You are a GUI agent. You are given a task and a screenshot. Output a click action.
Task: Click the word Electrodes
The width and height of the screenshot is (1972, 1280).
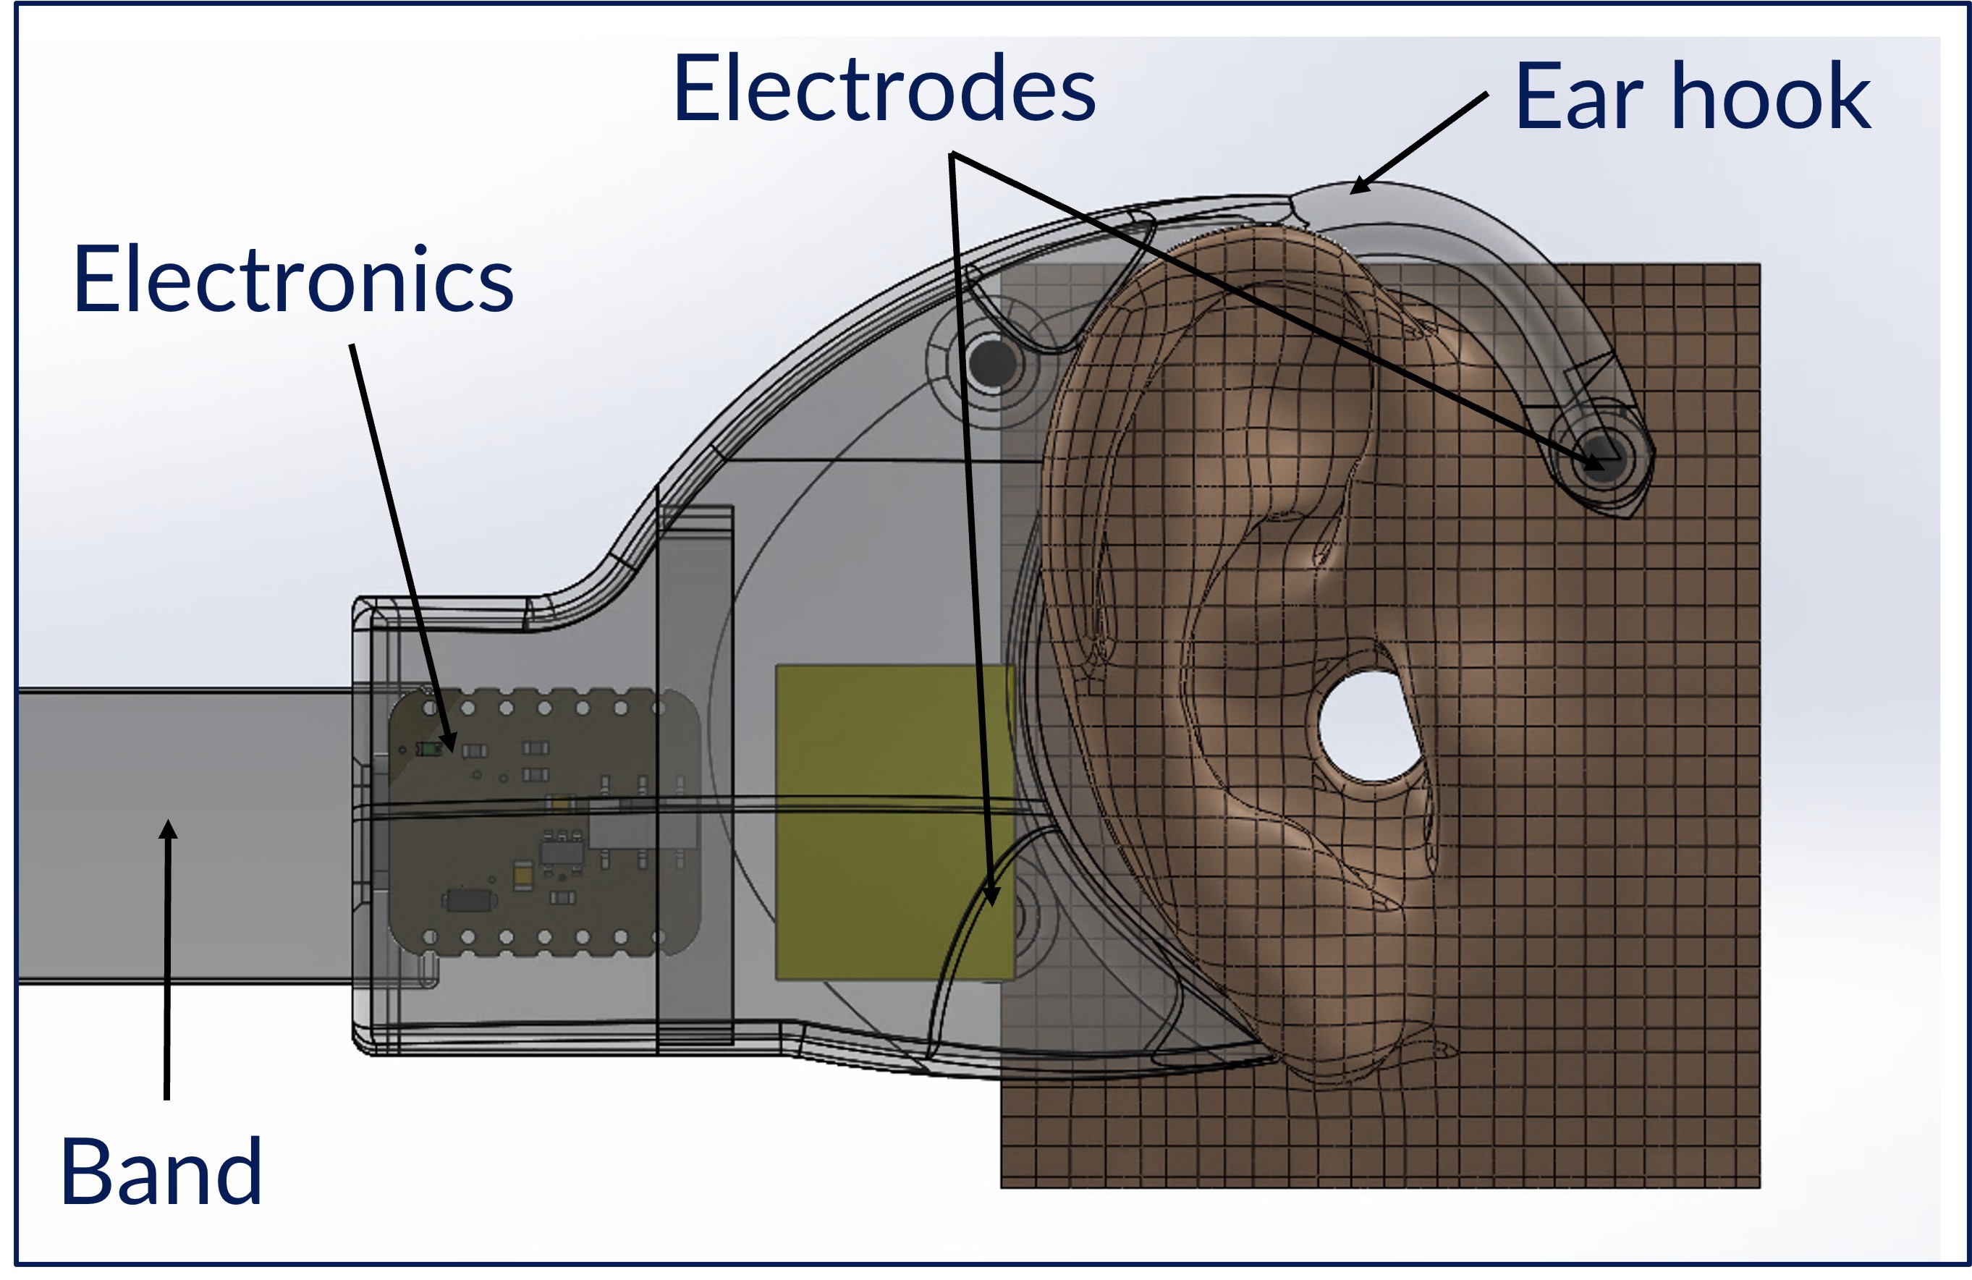point(884,89)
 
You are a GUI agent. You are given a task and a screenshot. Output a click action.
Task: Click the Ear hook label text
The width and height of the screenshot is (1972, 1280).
point(1692,97)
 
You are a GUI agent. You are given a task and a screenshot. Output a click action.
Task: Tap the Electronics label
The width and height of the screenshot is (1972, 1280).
point(293,280)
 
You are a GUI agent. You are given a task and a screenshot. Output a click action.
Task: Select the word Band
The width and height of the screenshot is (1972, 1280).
point(161,1171)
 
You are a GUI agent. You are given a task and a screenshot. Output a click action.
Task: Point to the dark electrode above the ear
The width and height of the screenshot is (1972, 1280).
point(993,363)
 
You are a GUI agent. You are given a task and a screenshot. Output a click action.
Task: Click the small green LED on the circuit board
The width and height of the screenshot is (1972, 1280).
point(428,750)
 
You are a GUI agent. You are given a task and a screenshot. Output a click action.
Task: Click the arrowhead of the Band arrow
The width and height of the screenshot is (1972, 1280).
point(168,828)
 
